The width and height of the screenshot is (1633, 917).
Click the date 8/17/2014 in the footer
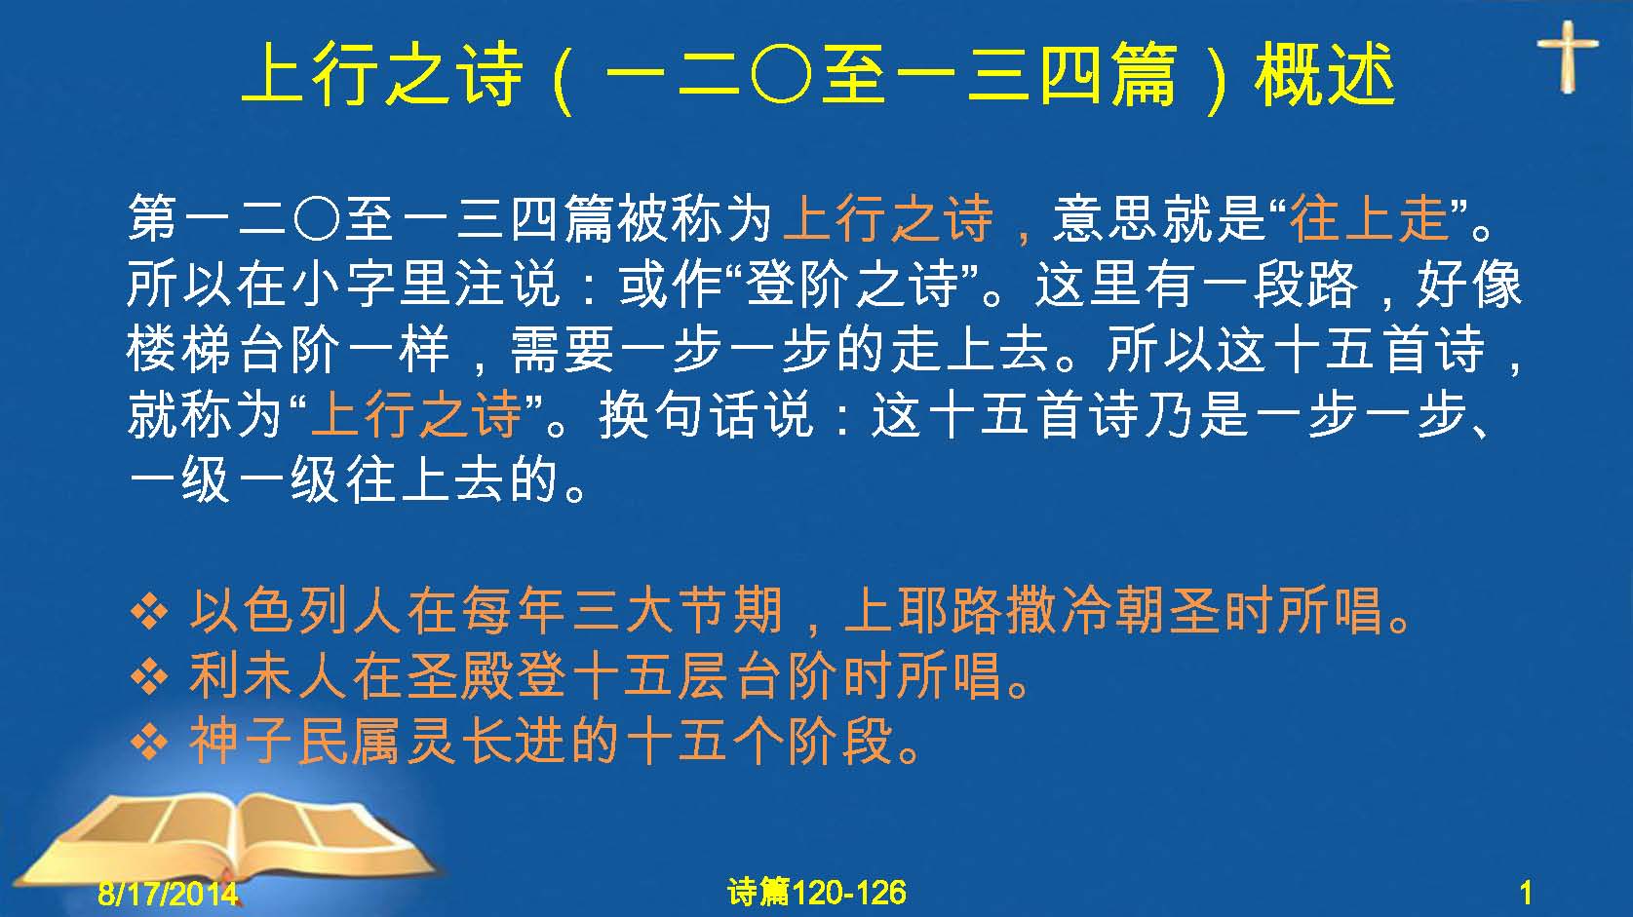(x=168, y=894)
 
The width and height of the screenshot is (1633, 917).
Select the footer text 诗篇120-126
(x=817, y=893)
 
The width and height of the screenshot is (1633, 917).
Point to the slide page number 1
(x=1526, y=894)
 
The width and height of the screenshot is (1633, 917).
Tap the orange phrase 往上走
(x=1369, y=218)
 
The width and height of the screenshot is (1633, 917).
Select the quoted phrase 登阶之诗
(x=851, y=285)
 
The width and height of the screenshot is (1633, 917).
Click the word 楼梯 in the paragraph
(x=180, y=349)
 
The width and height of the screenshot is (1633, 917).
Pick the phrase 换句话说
(x=706, y=414)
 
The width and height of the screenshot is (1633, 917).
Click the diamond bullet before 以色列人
(x=150, y=611)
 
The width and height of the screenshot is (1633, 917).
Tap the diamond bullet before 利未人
(x=150, y=675)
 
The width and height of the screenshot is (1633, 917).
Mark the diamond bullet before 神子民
(x=150, y=742)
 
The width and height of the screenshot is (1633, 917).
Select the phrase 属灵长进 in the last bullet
(x=461, y=741)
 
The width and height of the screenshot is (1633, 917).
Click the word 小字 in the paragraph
(x=342, y=285)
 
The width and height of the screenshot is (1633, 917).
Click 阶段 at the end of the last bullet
(x=839, y=741)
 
